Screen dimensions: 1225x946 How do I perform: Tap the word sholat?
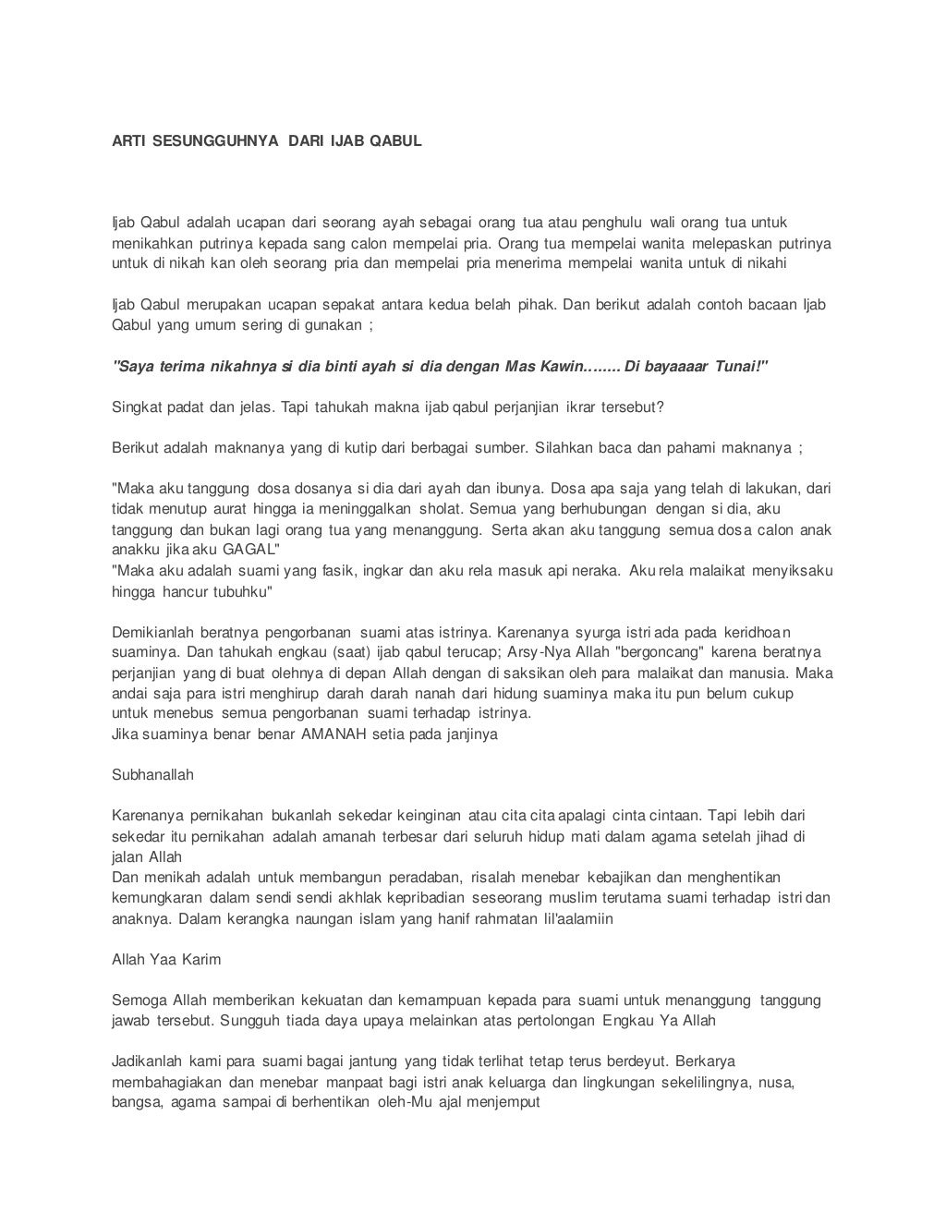tap(443, 509)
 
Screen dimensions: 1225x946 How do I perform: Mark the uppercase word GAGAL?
tap(249, 550)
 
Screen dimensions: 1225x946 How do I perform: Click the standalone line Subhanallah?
tap(152, 775)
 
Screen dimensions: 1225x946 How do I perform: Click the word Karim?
tap(200, 960)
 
